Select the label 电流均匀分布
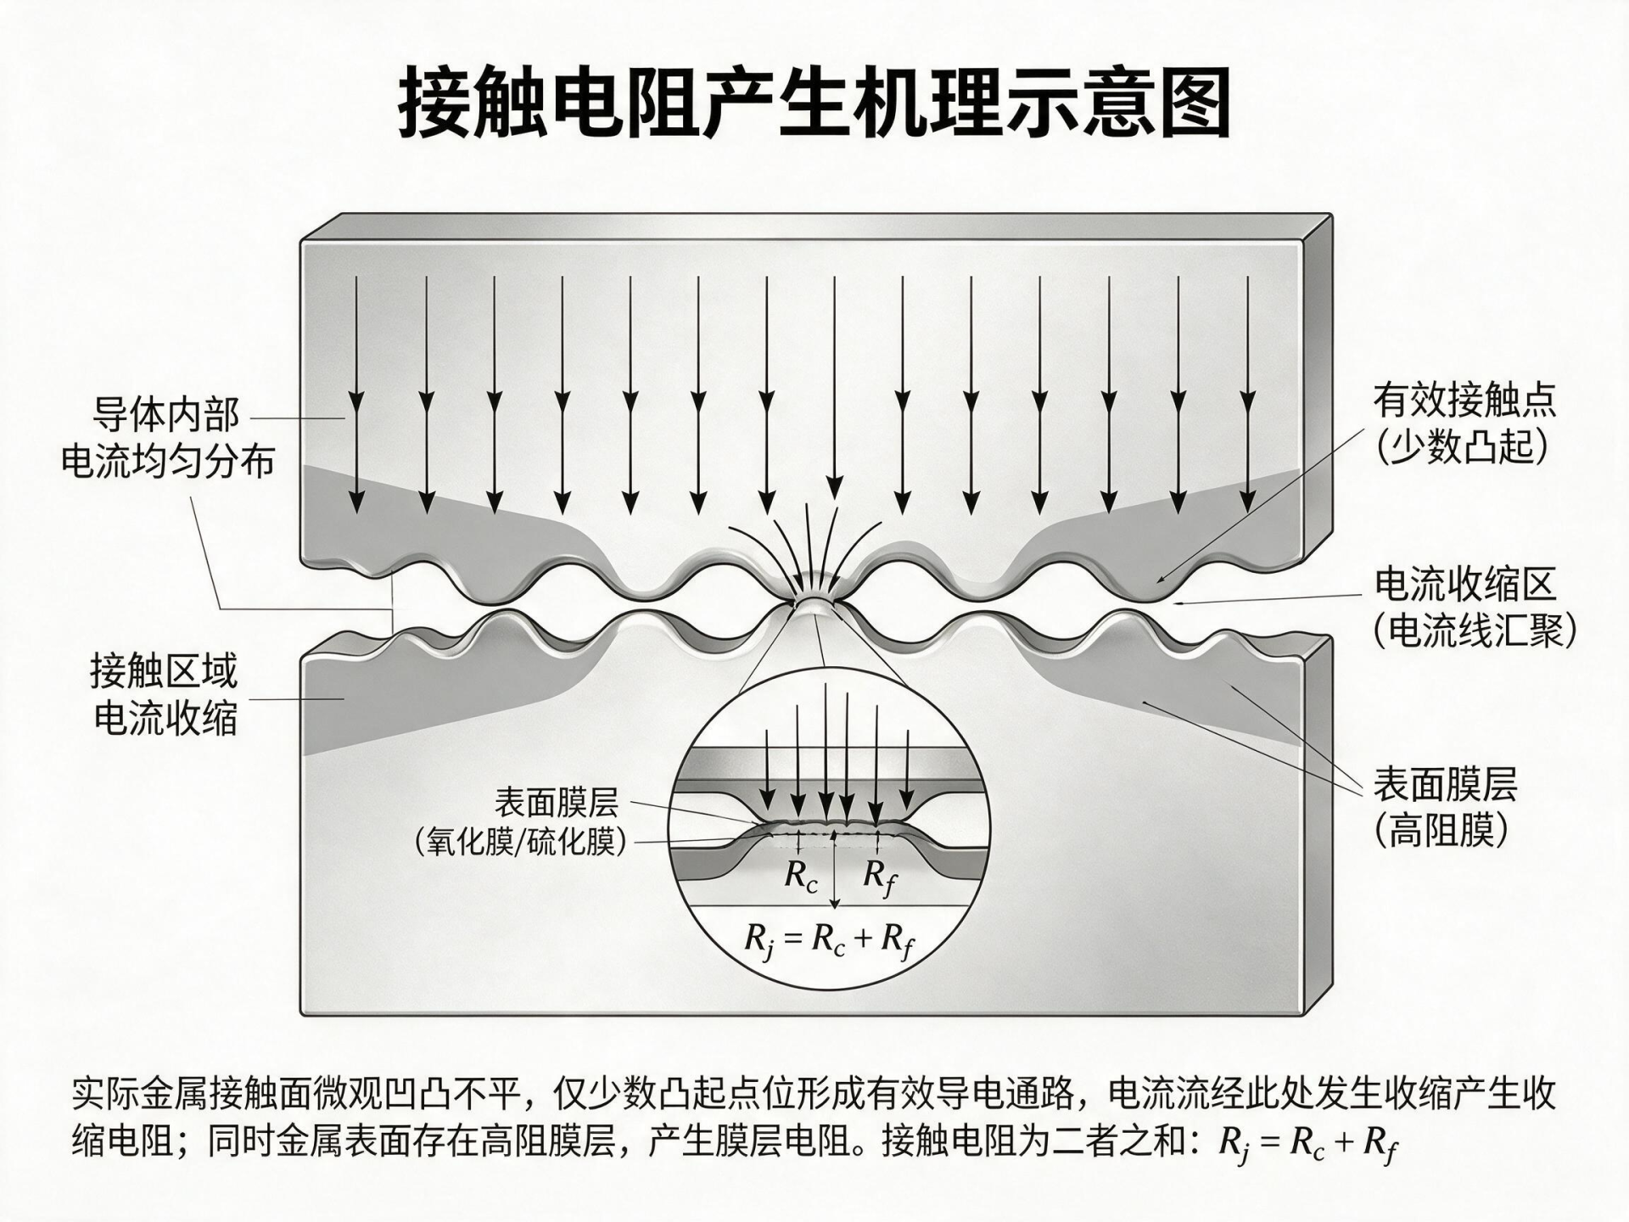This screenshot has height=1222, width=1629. pyautogui.click(x=168, y=462)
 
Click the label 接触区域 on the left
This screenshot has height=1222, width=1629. pyautogui.click(x=165, y=671)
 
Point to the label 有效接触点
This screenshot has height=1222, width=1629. pyautogui.click(x=1465, y=399)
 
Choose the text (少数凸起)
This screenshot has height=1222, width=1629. pyautogui.click(x=1462, y=446)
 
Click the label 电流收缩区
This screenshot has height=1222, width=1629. pyautogui.click(x=1465, y=585)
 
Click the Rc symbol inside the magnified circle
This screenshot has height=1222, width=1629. pyautogui.click(x=801, y=875)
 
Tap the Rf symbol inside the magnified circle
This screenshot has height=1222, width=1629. pyautogui.click(x=879, y=877)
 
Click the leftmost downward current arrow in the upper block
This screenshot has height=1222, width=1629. pyautogui.click(x=357, y=395)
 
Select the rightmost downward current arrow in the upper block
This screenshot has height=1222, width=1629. pyautogui.click(x=1247, y=395)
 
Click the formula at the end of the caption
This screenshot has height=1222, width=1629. pyautogui.click(x=1307, y=1143)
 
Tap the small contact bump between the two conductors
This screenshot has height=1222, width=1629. pyautogui.click(x=815, y=606)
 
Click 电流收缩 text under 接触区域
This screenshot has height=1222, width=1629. pyautogui.click(x=165, y=719)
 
